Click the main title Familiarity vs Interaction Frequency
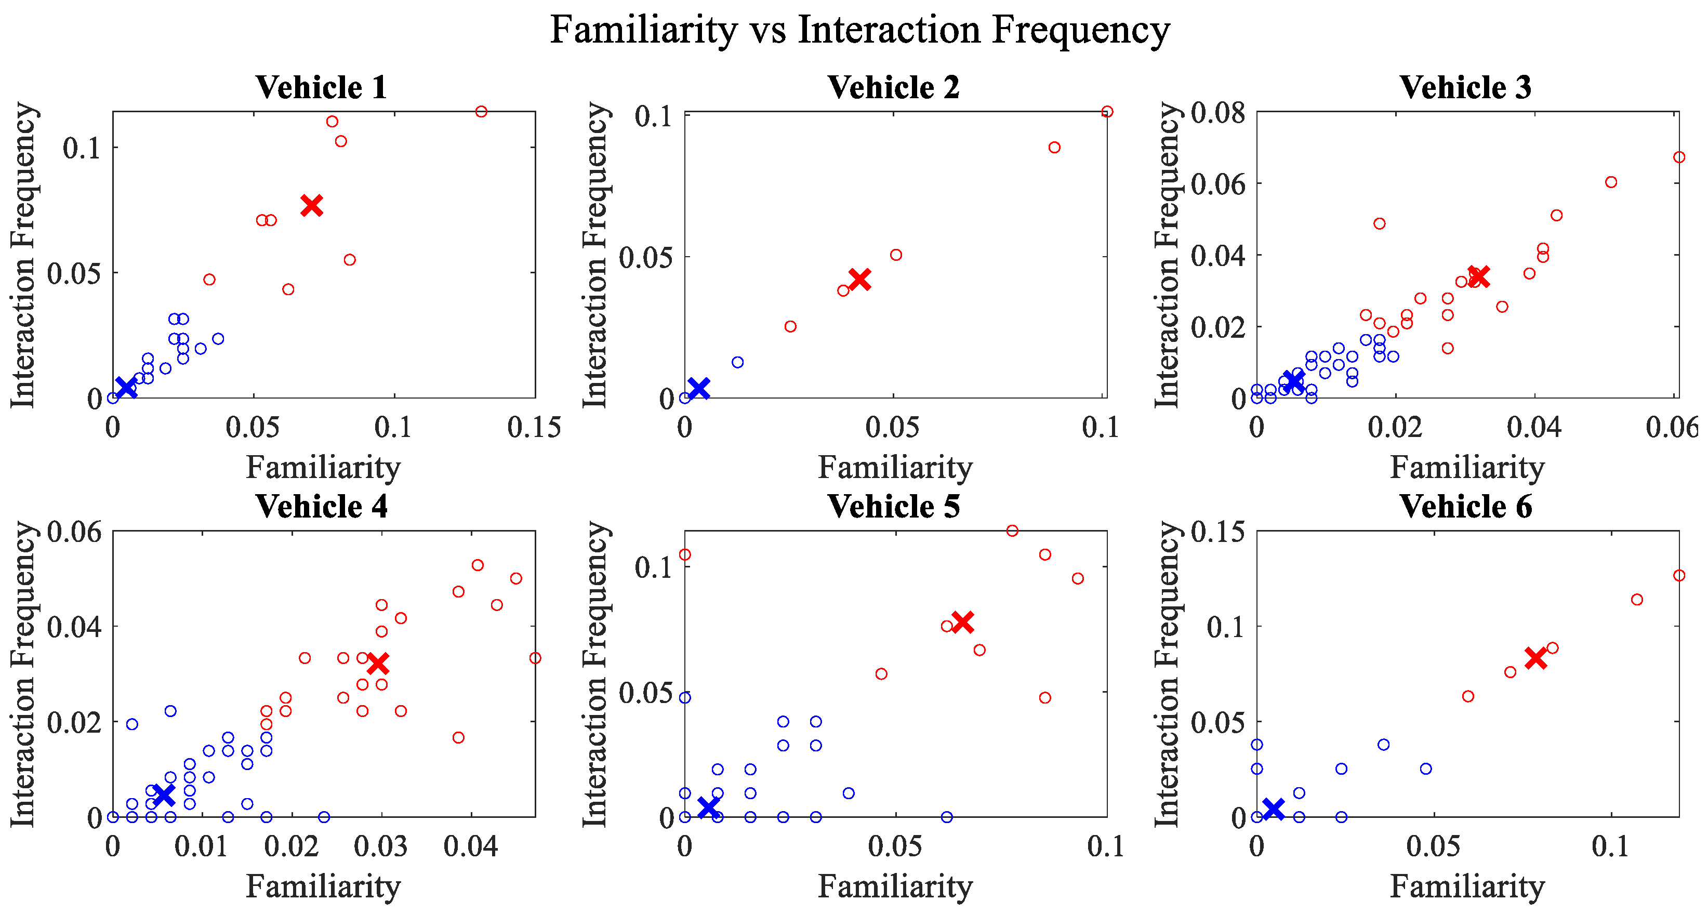(x=860, y=30)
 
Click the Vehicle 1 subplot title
(x=322, y=87)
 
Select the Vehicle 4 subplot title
(x=322, y=507)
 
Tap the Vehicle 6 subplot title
(x=1466, y=507)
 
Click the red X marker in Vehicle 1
(x=312, y=205)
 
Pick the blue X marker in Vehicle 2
(x=699, y=388)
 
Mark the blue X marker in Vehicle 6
(x=1273, y=809)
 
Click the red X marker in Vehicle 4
(x=378, y=663)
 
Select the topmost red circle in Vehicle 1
(x=481, y=111)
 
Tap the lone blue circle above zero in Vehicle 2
(x=738, y=362)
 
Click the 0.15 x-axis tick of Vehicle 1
(x=534, y=428)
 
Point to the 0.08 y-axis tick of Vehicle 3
(x=1219, y=113)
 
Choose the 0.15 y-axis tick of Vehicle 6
(x=1219, y=532)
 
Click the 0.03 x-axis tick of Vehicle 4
(x=380, y=847)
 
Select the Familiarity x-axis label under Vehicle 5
(x=895, y=886)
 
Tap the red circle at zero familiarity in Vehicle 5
(x=685, y=554)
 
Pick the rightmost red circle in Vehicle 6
(x=1679, y=575)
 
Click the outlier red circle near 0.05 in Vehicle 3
(x=1379, y=223)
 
